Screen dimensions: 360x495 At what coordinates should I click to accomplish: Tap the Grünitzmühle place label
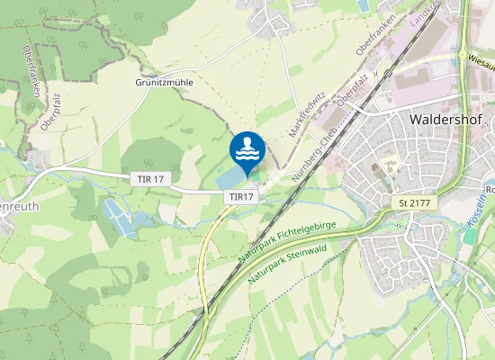[x=165, y=82]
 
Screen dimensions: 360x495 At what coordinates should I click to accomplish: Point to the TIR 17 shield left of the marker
[x=150, y=180]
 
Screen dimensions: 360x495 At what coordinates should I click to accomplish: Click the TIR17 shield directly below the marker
[x=242, y=196]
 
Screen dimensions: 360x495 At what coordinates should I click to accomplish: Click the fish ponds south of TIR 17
[x=120, y=217]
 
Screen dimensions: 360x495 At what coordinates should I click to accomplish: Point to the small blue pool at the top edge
[x=363, y=5]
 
